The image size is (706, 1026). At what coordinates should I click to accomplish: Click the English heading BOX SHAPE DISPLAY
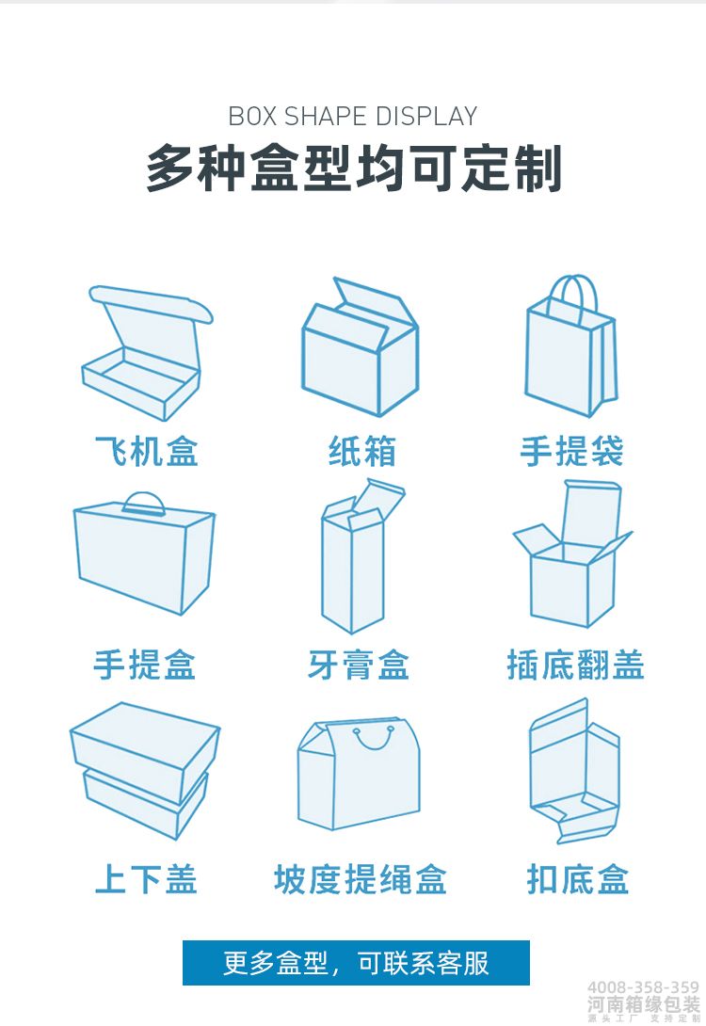(353, 117)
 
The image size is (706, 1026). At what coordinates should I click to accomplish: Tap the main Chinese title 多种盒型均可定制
(354, 169)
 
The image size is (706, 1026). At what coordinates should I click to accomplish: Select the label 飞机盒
(146, 451)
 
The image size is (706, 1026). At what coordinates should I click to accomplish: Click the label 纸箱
(362, 451)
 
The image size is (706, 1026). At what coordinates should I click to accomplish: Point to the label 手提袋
(571, 451)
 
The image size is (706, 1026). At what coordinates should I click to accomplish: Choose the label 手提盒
(144, 665)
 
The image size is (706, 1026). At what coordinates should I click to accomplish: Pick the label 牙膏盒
(358, 665)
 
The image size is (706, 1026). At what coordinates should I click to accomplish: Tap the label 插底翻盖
(575, 665)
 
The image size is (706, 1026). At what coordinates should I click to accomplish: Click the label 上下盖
(146, 879)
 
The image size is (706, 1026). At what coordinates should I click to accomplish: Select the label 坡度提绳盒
(360, 879)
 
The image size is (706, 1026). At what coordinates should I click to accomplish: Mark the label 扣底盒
(577, 879)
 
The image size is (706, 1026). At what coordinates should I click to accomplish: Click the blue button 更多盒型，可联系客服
(356, 963)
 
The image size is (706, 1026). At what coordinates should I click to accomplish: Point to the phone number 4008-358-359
(644, 986)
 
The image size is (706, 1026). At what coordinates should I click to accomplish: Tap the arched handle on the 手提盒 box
(144, 501)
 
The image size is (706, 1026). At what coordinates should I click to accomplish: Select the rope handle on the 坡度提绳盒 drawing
(375, 738)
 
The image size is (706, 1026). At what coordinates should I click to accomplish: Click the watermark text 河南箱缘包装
(644, 1003)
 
